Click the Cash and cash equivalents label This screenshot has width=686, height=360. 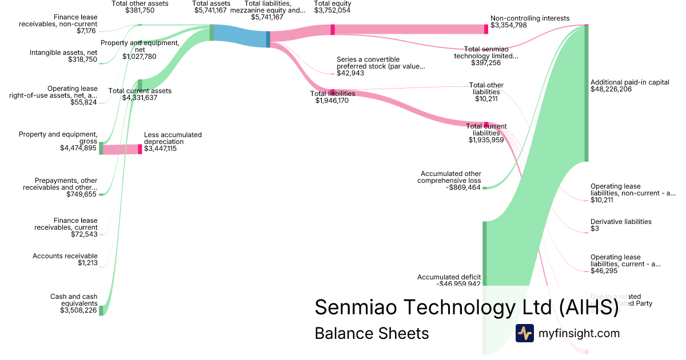[74, 300]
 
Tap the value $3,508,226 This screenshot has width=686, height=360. [78, 311]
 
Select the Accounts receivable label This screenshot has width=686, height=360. [65, 256]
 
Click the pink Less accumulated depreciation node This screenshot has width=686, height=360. [140, 149]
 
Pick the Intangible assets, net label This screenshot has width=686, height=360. [63, 53]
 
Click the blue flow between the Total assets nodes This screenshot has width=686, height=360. [240, 36]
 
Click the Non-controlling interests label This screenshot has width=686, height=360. [530, 18]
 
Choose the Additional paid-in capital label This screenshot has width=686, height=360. [629, 82]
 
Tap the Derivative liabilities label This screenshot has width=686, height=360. [621, 222]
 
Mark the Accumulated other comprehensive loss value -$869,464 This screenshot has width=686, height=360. [458, 187]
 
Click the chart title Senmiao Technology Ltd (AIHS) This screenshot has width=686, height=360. [466, 307]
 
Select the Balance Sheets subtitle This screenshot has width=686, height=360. [372, 333]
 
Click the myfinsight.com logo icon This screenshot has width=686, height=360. [525, 333]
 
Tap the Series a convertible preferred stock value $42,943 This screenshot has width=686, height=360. [350, 73]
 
